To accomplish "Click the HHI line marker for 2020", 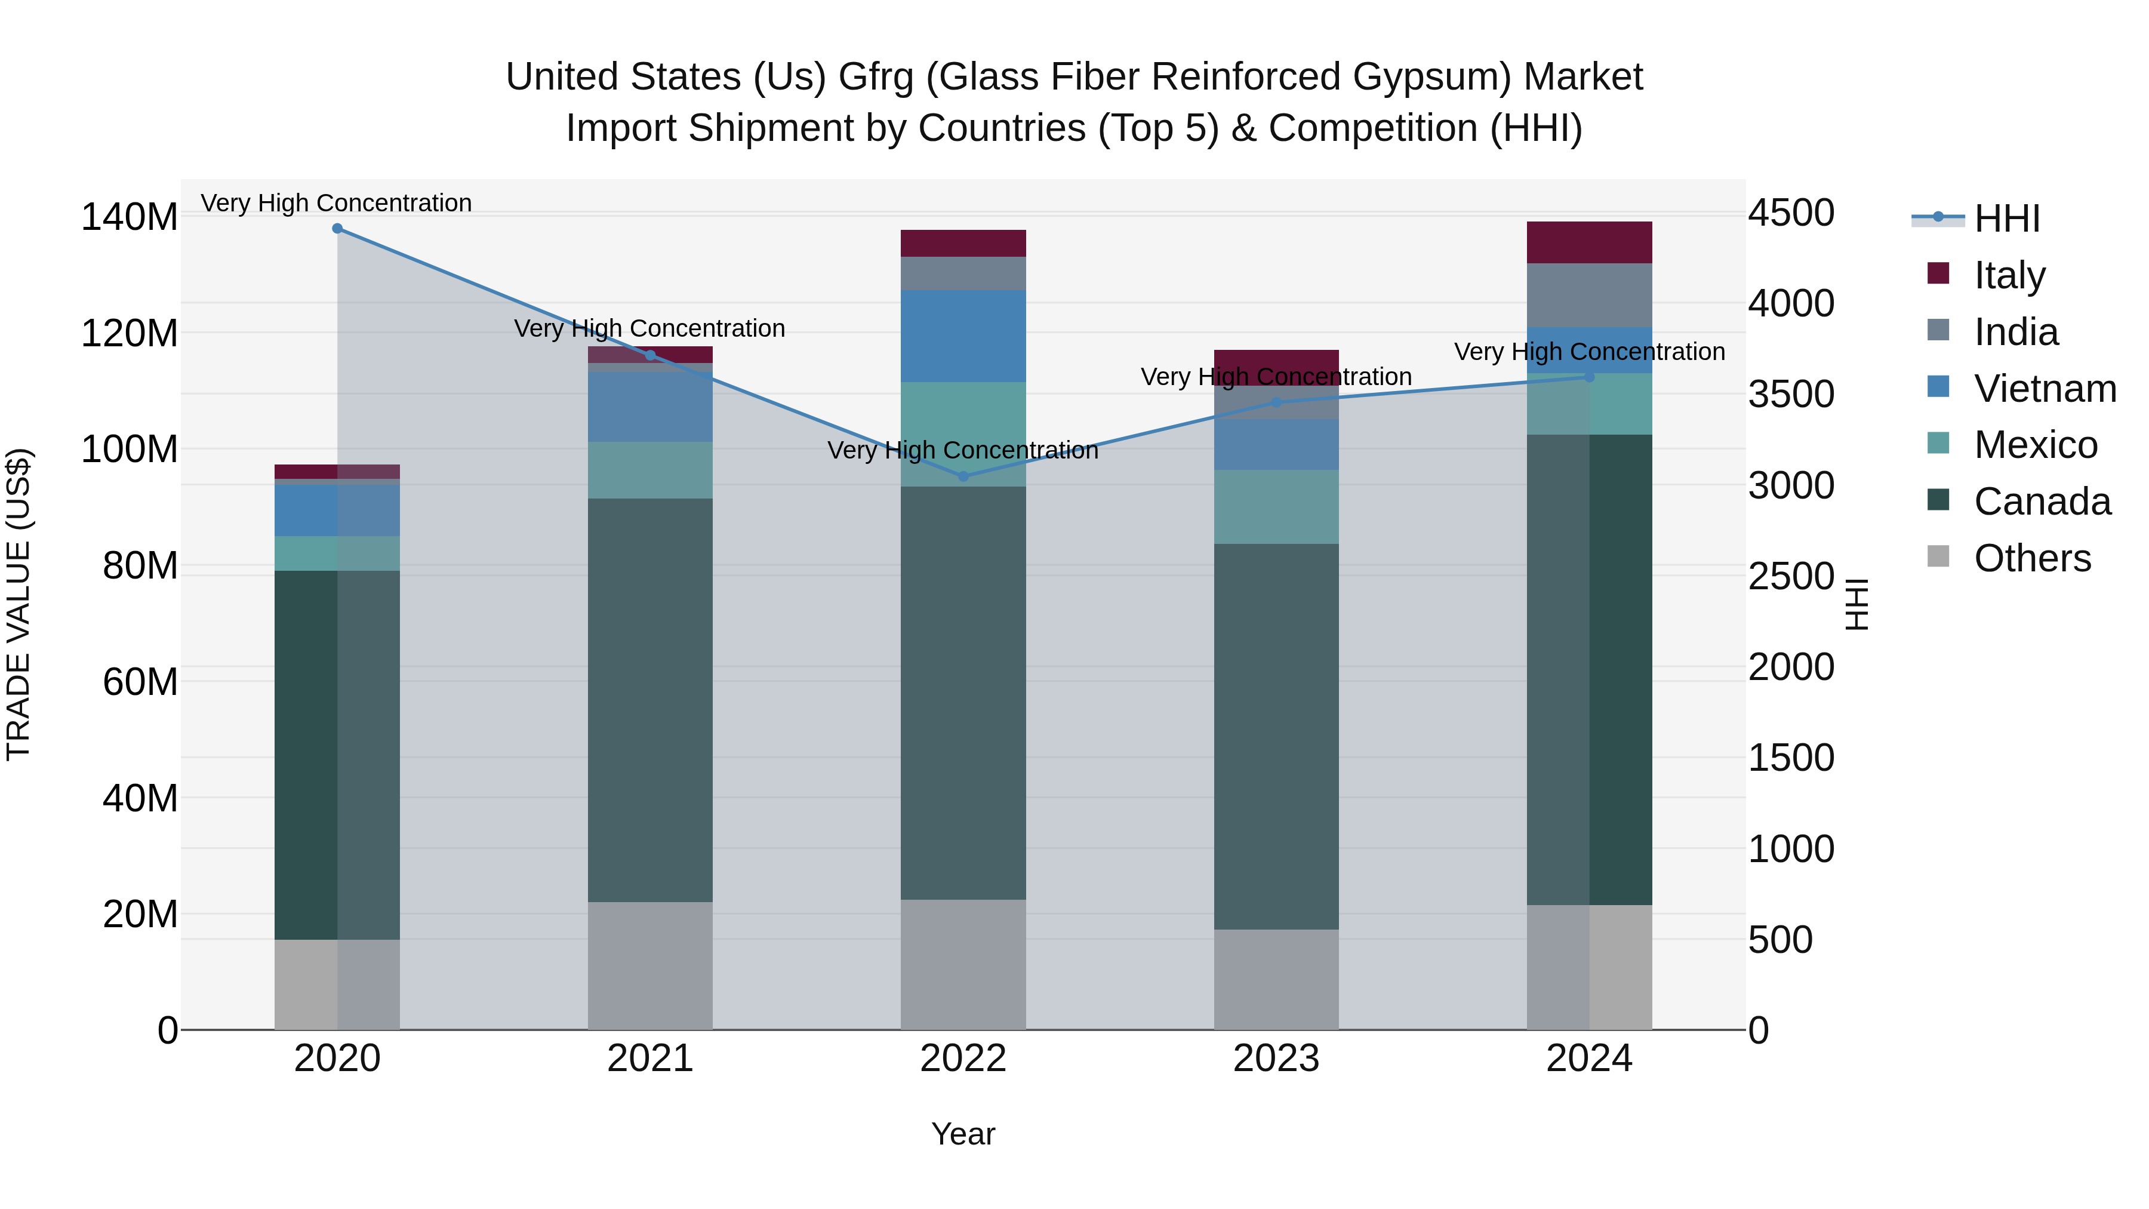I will [x=337, y=229].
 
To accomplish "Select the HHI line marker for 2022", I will [x=963, y=476].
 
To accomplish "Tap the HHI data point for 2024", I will [x=1589, y=377].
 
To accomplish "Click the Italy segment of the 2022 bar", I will [x=963, y=243].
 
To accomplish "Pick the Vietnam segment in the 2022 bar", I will [x=963, y=336].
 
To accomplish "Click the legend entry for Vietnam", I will [x=2044, y=389].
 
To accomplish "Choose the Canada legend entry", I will [x=2042, y=502].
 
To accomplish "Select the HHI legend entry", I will [x=2006, y=219].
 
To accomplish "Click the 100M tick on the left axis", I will [x=130, y=450].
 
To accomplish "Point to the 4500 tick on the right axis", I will [x=1790, y=213].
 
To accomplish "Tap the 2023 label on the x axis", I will [x=1276, y=1059].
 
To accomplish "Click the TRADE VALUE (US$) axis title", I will [x=19, y=604].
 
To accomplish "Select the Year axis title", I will [x=963, y=1134].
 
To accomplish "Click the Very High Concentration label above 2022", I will [x=963, y=451].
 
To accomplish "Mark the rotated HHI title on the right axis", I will [x=1857, y=604].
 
